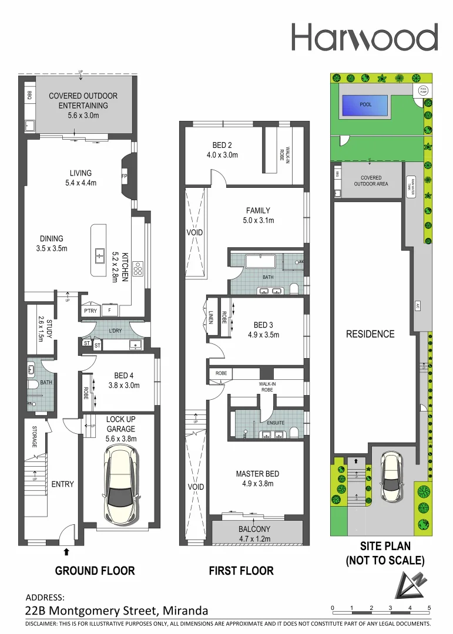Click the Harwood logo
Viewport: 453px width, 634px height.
364,38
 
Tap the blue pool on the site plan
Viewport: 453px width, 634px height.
365,104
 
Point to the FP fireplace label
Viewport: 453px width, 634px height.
125,176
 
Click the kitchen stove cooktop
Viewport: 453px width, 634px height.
139,268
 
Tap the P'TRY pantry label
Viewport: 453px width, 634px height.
90,311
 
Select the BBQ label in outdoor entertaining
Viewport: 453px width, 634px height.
29,95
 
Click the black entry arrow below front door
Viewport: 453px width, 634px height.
66,551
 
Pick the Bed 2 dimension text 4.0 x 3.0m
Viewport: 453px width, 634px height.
221,155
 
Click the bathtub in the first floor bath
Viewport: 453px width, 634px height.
257,262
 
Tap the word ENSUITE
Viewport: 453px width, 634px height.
276,422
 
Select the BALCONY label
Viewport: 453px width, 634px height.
254,528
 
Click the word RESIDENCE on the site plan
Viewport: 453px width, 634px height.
370,334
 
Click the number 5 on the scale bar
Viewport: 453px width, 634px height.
429,608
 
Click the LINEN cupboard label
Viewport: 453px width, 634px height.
210,317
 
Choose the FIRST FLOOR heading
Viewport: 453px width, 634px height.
241,571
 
